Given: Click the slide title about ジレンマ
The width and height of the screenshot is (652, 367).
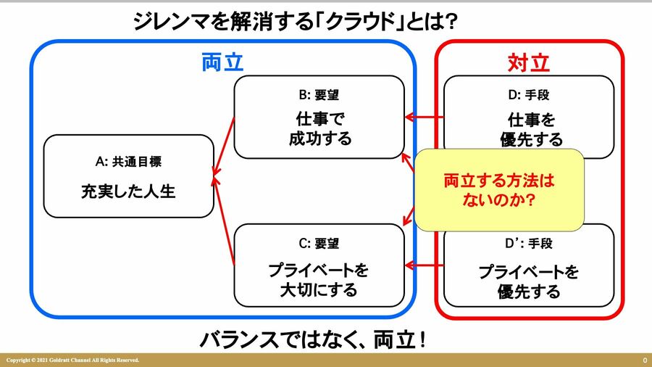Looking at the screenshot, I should [x=295, y=21].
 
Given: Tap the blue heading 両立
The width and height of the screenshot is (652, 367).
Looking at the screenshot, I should [x=222, y=63].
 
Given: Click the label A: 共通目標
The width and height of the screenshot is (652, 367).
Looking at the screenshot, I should [x=128, y=162].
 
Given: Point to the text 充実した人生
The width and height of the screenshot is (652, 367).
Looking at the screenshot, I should [x=128, y=192].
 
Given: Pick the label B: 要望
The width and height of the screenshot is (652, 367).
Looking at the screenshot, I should [x=319, y=94].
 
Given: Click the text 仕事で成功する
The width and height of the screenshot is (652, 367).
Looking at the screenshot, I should [x=319, y=128].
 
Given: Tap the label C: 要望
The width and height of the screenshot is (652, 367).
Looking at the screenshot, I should [x=319, y=244].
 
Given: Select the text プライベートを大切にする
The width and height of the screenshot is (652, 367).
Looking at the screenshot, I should [x=319, y=281].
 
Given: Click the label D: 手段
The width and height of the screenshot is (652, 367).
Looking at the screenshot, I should [x=528, y=94].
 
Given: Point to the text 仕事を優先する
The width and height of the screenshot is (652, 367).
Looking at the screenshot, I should [x=528, y=128].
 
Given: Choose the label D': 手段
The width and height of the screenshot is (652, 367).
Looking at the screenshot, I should [x=528, y=244].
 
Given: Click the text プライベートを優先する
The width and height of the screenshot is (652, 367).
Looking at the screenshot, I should [x=528, y=281].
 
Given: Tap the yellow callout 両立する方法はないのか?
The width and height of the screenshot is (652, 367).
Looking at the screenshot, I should [x=498, y=189].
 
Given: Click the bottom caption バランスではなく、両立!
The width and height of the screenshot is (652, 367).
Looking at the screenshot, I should [x=312, y=339].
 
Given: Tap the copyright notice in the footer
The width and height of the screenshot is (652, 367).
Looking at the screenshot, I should [x=72, y=360].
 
